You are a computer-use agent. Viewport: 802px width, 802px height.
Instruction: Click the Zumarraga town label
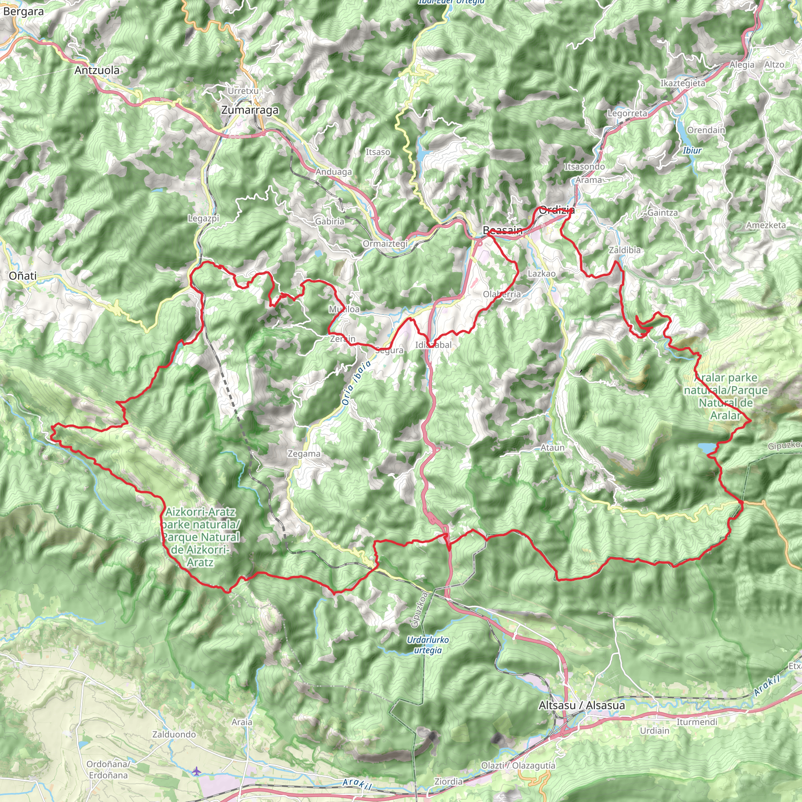(249, 110)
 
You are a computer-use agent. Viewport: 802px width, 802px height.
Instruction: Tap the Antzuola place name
(97, 70)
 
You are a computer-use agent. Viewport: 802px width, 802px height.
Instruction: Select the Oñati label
(23, 276)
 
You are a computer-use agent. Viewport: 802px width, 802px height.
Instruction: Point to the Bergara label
(23, 12)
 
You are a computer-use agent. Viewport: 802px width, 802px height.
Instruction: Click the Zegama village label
(304, 454)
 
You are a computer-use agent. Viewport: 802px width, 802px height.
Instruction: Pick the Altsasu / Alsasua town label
(581, 705)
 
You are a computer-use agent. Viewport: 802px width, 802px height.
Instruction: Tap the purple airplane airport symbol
(196, 771)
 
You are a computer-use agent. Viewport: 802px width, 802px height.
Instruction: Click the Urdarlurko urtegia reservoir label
(428, 645)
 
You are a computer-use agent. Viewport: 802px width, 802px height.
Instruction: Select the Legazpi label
(203, 219)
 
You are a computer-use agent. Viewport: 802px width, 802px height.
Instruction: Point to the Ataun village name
(552, 448)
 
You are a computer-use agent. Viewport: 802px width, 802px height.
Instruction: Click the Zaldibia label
(624, 250)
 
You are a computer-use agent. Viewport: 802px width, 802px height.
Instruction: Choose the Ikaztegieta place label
(683, 83)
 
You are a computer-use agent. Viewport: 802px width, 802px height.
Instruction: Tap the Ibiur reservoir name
(692, 150)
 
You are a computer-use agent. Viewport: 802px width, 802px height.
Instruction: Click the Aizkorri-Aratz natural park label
(200, 537)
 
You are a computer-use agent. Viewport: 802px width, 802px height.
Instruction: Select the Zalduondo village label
(174, 734)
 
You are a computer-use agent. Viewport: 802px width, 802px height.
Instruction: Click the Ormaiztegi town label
(385, 244)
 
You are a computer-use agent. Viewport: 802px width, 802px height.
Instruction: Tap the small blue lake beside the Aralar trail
(706, 448)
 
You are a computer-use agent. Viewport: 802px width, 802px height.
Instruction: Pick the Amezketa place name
(766, 225)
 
